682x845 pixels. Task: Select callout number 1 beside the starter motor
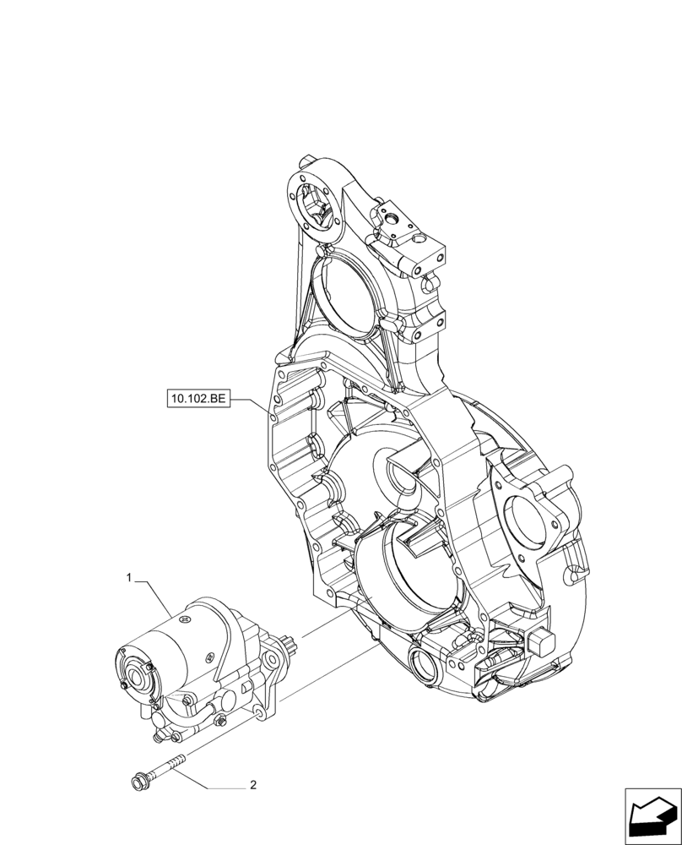pyautogui.click(x=128, y=578)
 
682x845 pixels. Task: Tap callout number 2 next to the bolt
pyautogui.click(x=252, y=785)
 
